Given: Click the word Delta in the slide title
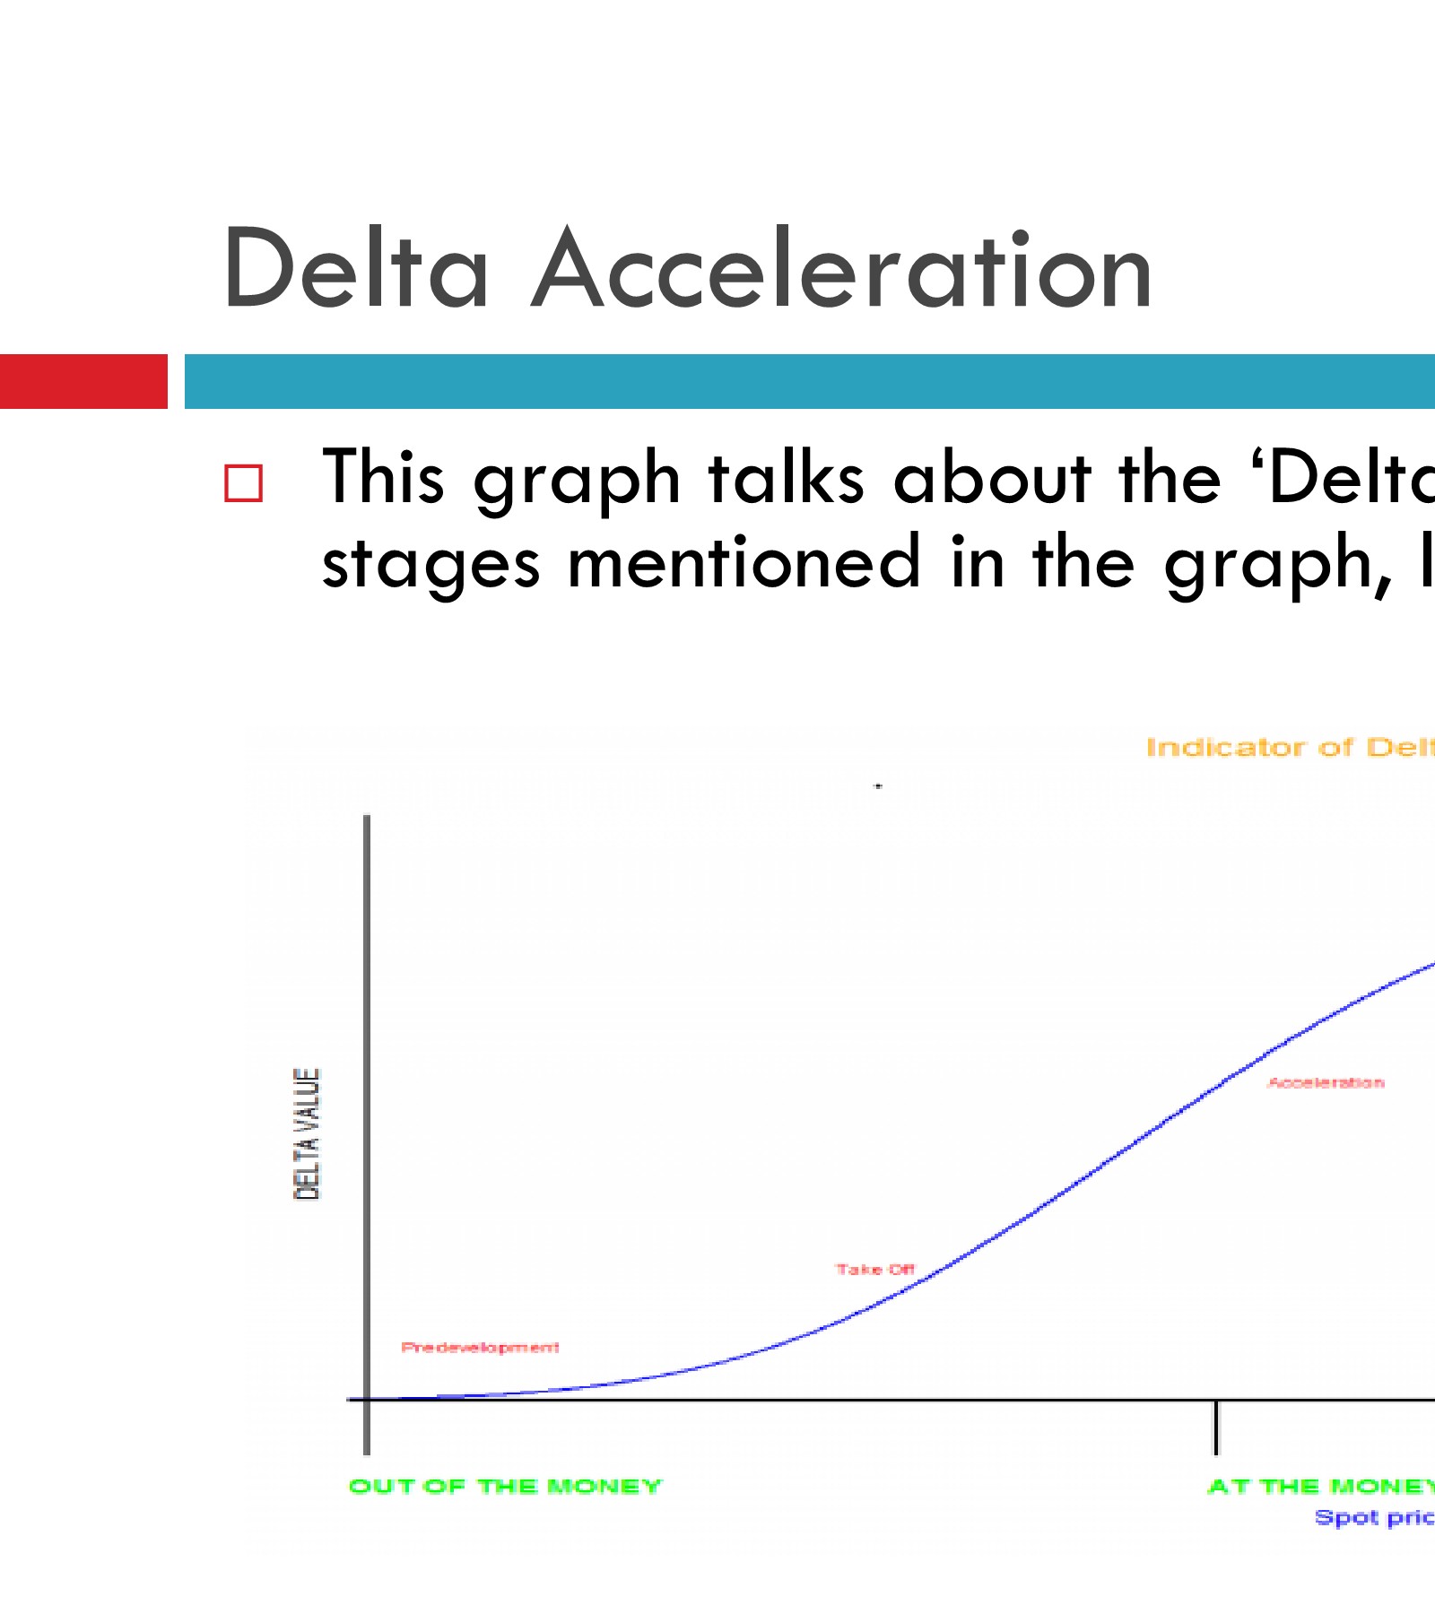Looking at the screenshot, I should pyautogui.click(x=356, y=270).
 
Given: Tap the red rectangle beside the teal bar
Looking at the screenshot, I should pyautogui.click(x=83, y=382).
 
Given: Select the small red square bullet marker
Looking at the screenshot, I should pyautogui.click(x=243, y=483).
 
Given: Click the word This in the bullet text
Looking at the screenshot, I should pyautogui.click(x=383, y=478).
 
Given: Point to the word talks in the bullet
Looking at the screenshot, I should pyautogui.click(x=787, y=478).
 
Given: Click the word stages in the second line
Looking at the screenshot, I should pyautogui.click(x=430, y=563).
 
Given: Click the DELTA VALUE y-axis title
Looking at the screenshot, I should pyautogui.click(x=307, y=1133).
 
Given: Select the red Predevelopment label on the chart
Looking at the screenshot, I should pyautogui.click(x=480, y=1347).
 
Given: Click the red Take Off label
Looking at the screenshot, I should pyautogui.click(x=874, y=1269).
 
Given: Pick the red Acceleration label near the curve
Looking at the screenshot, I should pyautogui.click(x=1326, y=1082).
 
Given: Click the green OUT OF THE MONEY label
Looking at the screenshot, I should pyautogui.click(x=505, y=1486).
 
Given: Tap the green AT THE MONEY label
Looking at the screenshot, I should pyautogui.click(x=1320, y=1486).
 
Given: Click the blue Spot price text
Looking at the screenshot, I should pyautogui.click(x=1374, y=1517).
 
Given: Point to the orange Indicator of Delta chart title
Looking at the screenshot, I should pyautogui.click(x=1290, y=747).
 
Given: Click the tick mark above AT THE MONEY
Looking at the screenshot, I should pyautogui.click(x=1216, y=1426).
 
